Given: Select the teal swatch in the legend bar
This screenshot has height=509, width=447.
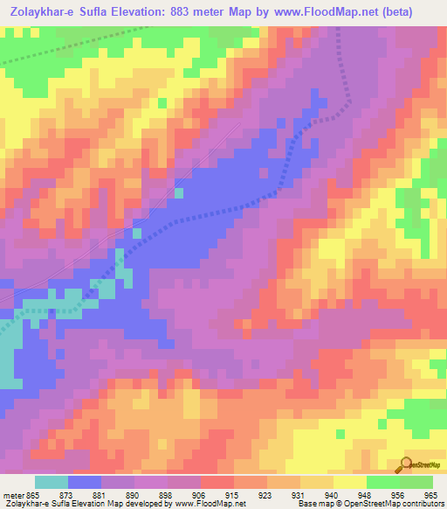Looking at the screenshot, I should [51, 482].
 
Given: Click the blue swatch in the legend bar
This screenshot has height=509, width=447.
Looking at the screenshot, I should [85, 482].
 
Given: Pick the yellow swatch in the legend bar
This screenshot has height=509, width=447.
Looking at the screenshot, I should [349, 482].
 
